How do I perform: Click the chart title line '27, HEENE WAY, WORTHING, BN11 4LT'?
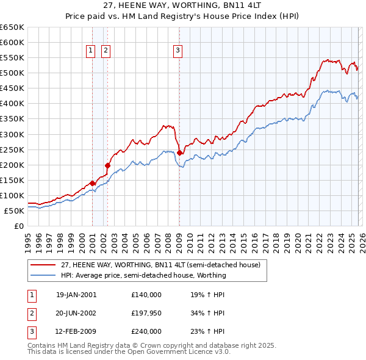[183, 5]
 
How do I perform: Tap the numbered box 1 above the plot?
[90, 51]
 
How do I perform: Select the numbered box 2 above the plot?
[106, 51]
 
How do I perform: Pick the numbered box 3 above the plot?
[178, 51]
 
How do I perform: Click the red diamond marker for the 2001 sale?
[92, 182]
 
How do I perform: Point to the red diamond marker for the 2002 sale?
[107, 165]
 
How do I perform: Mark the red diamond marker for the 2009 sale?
[179, 153]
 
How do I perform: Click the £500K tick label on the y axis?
[12, 73]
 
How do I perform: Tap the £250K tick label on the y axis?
[12, 149]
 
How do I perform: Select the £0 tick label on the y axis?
[18, 226]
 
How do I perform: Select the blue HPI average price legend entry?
[143, 275]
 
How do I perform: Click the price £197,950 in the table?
[146, 313]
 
